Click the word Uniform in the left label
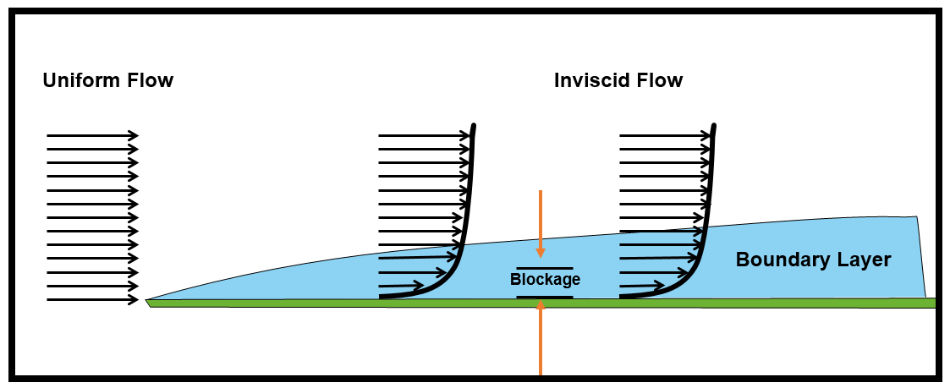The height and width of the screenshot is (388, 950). (x=81, y=81)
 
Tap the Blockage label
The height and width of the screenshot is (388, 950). (x=545, y=280)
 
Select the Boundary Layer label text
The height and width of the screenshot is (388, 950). (x=813, y=260)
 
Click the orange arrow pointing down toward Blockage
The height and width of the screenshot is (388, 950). (x=540, y=224)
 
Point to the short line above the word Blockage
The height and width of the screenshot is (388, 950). (x=545, y=268)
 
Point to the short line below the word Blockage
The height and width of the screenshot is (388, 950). (x=545, y=298)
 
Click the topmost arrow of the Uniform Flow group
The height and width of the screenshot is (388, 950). (x=92, y=135)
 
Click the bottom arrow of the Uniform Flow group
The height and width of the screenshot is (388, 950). (x=92, y=300)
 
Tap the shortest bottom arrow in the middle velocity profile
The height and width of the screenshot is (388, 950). (x=401, y=286)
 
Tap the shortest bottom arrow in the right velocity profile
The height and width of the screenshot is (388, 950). (x=642, y=286)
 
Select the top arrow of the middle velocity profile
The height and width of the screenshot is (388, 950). (x=423, y=135)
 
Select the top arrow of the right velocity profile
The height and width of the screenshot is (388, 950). (x=664, y=135)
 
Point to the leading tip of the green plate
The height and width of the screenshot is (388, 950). (x=148, y=302)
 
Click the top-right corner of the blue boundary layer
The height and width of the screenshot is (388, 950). (x=916, y=217)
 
